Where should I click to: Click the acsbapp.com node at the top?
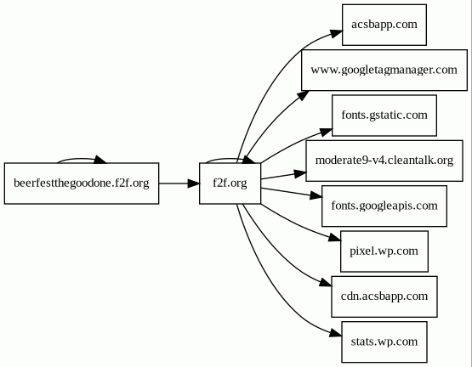(384, 25)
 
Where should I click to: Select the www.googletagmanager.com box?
(384, 71)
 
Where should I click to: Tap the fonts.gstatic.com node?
(384, 116)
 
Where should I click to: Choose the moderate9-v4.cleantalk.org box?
(384, 161)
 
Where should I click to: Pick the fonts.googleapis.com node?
(384, 206)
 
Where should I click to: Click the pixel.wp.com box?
(384, 251)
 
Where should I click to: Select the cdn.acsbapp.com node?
(384, 296)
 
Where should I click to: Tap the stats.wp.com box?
(384, 342)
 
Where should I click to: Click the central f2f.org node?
(230, 183)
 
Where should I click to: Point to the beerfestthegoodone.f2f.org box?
(82, 183)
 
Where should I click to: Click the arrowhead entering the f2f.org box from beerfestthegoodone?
(194, 183)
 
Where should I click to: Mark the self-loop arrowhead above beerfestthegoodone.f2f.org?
(100, 160)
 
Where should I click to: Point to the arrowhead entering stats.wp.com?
(336, 333)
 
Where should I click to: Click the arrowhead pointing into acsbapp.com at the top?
(337, 33)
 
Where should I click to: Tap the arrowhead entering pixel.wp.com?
(335, 238)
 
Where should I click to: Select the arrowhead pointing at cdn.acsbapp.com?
(326, 282)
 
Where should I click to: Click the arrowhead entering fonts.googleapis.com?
(316, 196)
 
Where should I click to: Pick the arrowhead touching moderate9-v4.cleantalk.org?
(300, 173)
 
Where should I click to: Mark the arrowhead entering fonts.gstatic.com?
(326, 132)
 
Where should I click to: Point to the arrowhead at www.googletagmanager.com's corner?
(303, 95)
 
